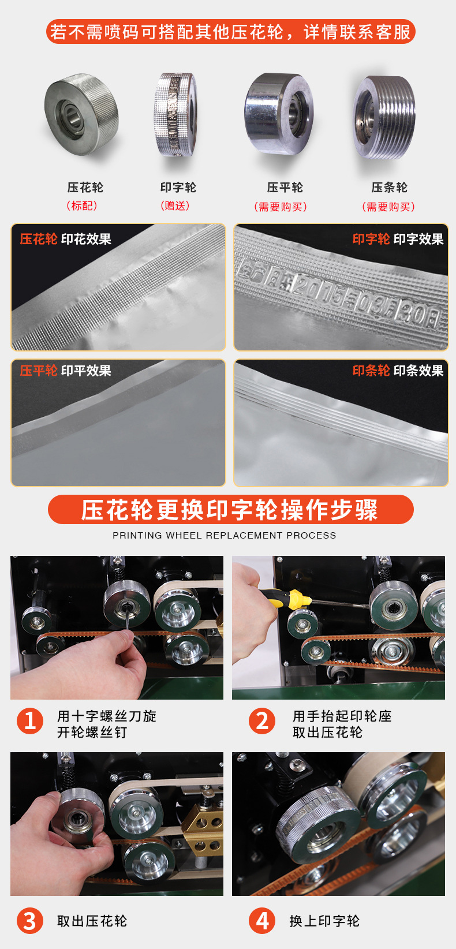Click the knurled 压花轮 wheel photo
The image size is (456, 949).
click(81, 114)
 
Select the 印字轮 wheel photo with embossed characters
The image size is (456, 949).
click(175, 114)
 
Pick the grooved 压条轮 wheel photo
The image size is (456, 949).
click(384, 117)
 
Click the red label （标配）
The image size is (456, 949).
click(82, 206)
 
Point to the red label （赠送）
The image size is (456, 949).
click(175, 206)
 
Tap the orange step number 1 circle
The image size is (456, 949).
click(29, 720)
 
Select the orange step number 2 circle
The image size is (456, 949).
click(262, 720)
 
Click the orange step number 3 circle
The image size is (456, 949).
click(29, 921)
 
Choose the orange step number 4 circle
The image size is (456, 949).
click(262, 921)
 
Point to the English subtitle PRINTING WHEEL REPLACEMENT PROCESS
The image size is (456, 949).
click(224, 536)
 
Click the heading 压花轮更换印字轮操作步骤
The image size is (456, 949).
click(229, 510)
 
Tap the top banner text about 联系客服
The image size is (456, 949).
click(230, 32)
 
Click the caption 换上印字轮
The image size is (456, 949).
click(324, 921)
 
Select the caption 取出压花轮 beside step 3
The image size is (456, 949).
click(92, 921)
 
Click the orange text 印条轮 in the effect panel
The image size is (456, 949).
click(371, 371)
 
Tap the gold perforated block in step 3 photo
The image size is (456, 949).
click(203, 826)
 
